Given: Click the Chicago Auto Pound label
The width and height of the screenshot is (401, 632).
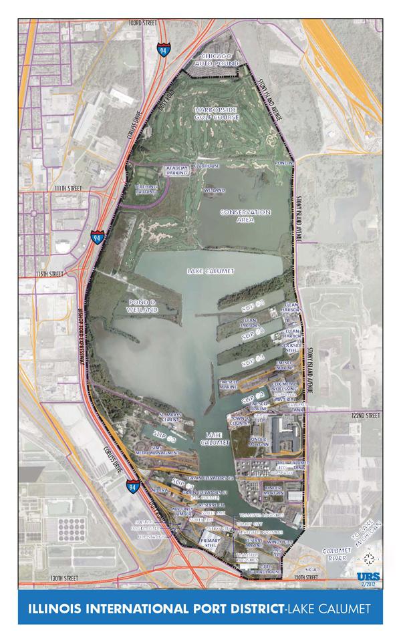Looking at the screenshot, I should coord(213,57).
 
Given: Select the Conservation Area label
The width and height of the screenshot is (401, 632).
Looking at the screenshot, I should coord(246,216).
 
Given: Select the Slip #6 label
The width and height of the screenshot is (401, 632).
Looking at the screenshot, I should coord(254,332).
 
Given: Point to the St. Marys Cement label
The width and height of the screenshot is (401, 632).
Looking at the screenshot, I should coord(170,418).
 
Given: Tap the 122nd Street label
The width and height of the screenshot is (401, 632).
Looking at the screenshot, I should coord(364,416).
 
